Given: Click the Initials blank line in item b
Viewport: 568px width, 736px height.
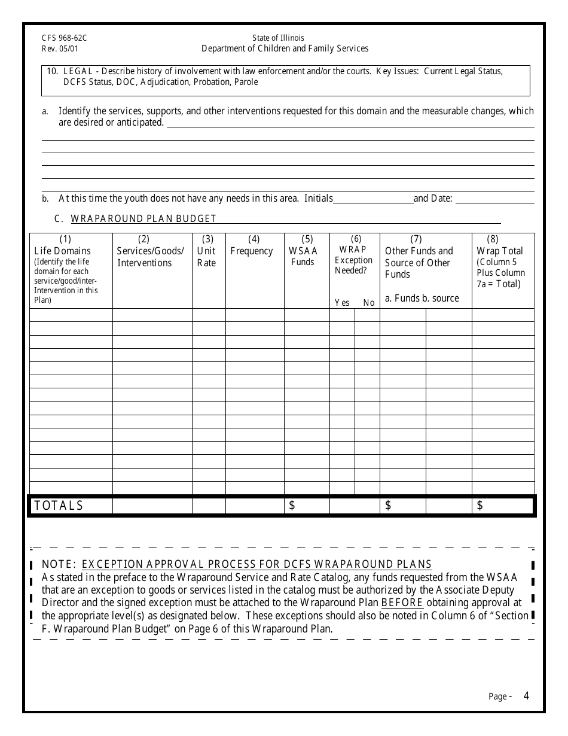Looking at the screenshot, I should pyautogui.click(x=373, y=199).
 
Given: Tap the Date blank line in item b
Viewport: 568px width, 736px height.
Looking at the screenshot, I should pyautogui.click(x=494, y=199).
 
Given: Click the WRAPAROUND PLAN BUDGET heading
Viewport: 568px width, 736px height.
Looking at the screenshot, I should pyautogui.click(x=143, y=218).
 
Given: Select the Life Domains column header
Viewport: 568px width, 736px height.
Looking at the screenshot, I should pyautogui.click(x=63, y=251).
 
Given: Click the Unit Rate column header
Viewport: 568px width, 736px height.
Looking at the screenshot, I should pyautogui.click(x=207, y=257).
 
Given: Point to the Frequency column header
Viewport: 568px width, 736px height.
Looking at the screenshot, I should pyautogui.click(x=252, y=251).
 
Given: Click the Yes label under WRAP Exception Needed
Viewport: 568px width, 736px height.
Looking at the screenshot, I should pyautogui.click(x=342, y=303).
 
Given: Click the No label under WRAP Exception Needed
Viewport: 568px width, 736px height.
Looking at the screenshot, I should pyautogui.click(x=369, y=303).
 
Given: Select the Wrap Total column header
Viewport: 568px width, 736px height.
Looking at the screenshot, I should pyautogui.click(x=500, y=251).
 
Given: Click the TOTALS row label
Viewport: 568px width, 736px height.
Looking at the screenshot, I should pyautogui.click(x=59, y=506).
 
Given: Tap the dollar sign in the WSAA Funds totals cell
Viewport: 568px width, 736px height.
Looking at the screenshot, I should pyautogui.click(x=292, y=506).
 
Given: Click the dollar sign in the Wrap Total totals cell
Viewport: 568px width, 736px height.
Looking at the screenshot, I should pyautogui.click(x=480, y=506).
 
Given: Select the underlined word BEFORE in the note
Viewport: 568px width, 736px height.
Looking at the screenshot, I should pyautogui.click(x=402, y=603).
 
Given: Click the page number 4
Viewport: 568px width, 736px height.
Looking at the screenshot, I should pyautogui.click(x=526, y=695).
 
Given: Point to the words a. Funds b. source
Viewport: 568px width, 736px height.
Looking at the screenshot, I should pyautogui.click(x=422, y=298).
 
